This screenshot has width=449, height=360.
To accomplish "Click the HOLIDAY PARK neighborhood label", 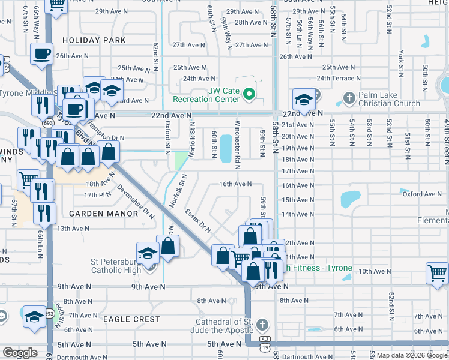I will pos(97,40).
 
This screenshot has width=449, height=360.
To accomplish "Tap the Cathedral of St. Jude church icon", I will pos(261,325).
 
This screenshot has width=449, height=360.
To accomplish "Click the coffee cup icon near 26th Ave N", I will pos(42,54).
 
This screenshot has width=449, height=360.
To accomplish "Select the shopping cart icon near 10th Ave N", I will pos(438,272).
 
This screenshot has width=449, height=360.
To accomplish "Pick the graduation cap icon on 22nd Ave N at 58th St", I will pos(304,99).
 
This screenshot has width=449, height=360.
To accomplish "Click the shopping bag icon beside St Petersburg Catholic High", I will pos(169,245).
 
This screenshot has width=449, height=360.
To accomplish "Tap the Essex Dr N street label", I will pos(199,220).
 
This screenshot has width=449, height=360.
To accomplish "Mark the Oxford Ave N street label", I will pos(421,194).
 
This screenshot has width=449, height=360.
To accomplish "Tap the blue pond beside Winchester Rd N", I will pos(226,148).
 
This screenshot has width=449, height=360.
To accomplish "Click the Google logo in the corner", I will pos(20,353).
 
